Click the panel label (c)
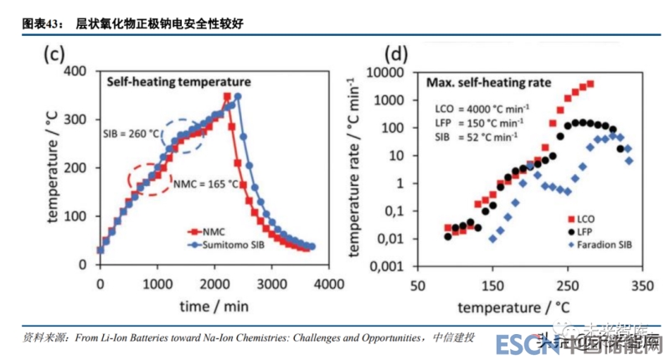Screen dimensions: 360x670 coord(54,55)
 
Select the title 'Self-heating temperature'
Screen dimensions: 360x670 coord(178,82)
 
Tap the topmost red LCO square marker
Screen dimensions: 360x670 coord(590,84)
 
